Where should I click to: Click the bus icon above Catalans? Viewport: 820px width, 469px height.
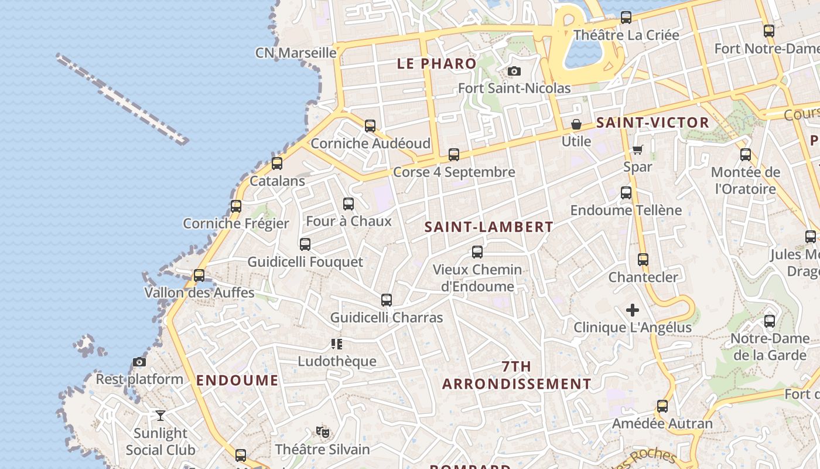pos(277,164)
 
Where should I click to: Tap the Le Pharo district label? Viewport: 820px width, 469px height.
pos(436,64)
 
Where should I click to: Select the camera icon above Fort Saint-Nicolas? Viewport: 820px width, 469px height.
pos(514,72)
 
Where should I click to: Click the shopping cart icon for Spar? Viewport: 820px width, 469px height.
pos(637,149)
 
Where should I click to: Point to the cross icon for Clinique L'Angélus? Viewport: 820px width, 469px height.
pos(633,310)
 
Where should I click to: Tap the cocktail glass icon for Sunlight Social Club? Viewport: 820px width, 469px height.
pos(160,416)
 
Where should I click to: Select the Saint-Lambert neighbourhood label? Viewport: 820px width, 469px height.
pos(488,227)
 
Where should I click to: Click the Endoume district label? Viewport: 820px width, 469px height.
pos(237,380)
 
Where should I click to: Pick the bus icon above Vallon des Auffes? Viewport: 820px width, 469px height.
pos(199,275)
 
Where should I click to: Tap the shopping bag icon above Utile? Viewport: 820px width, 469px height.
pos(576,124)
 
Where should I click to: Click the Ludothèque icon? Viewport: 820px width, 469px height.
pos(337,344)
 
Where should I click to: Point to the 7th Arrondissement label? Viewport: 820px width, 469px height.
pos(517,375)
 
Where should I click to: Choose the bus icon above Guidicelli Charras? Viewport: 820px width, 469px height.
pos(387,300)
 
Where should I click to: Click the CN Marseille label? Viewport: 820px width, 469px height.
pos(296,53)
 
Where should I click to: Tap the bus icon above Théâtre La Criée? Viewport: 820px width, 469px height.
pos(626,18)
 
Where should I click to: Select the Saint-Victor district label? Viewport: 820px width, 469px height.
pos(652,123)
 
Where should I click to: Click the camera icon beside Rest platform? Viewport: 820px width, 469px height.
pos(139,362)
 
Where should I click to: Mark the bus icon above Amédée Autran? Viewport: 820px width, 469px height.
pos(662,406)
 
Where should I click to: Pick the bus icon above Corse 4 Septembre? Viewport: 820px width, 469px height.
pos(454,155)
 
